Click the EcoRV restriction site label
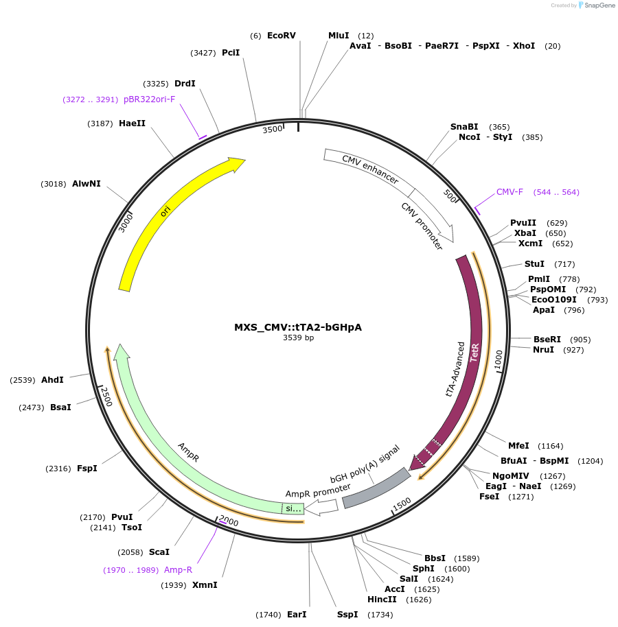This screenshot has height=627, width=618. coord(281,35)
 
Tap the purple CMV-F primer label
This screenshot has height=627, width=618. coord(510,192)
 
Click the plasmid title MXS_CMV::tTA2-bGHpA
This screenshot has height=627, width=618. coord(298,327)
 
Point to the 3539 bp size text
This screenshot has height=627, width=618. coord(298,338)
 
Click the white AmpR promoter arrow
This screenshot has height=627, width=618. coord(321,507)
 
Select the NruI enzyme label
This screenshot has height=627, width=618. coord(543,350)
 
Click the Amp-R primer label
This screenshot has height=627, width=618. coord(178,569)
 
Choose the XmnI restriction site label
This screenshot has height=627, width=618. coord(205,585)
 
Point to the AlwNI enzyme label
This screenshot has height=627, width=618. coord(87,184)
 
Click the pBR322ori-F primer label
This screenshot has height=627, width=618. coord(149,99)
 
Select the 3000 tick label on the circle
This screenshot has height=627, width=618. coord(125,222)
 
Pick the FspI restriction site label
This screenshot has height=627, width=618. coord(87,469)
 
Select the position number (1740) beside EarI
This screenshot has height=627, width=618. coord(268,614)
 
